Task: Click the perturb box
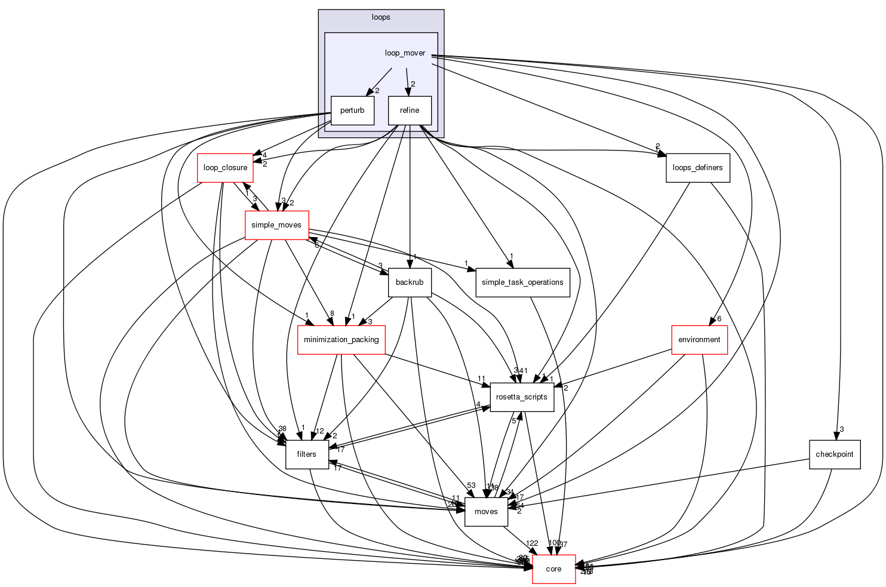352,110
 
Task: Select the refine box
410,110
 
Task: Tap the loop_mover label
405,53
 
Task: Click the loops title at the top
381,17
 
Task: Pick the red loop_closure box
225,168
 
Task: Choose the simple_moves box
276,225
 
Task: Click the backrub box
410,282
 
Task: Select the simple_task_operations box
522,282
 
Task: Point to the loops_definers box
697,168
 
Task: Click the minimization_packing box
341,340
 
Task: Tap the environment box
699,340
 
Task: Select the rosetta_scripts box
522,397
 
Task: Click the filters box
306,454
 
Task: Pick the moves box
486,512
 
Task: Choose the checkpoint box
835,454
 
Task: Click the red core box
553,569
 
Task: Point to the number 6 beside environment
719,319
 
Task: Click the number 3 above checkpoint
841,429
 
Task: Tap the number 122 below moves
532,543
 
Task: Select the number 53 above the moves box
471,485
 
